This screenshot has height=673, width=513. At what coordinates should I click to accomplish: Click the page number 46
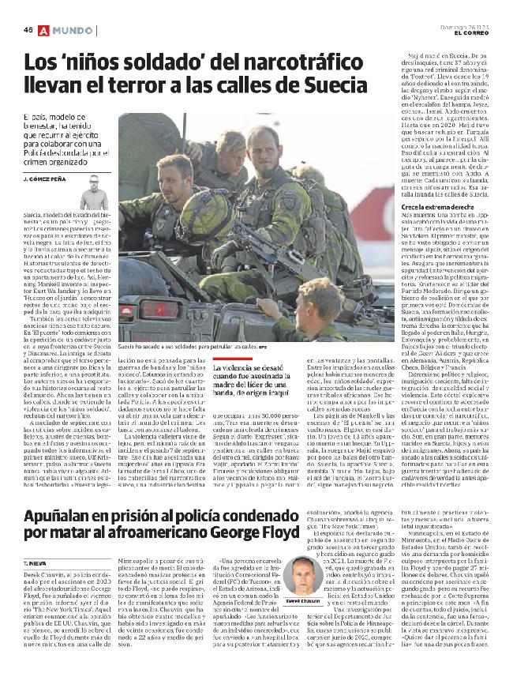pyautogui.click(x=28, y=29)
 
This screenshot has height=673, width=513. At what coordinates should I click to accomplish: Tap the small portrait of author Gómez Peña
pyautogui.click(x=94, y=193)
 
